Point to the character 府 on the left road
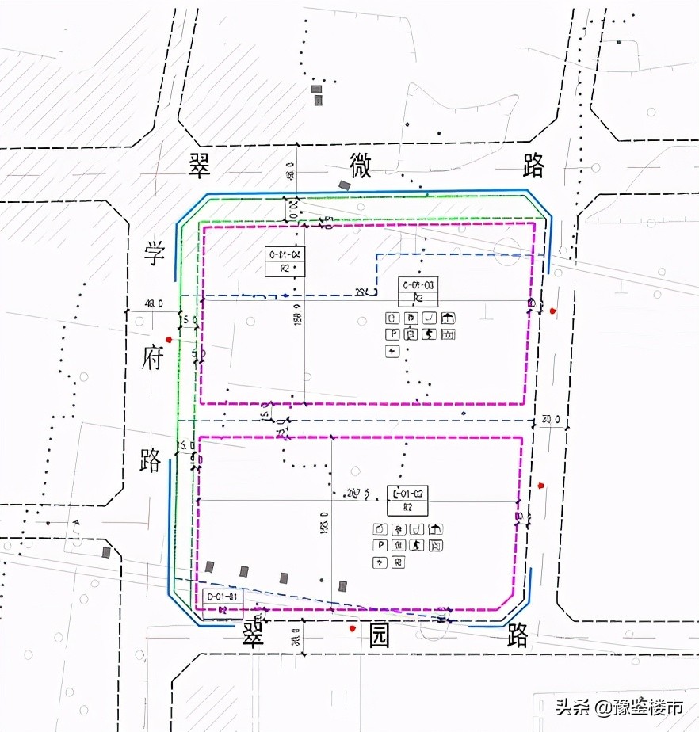(152, 358)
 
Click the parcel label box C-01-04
(285, 261)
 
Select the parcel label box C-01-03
(418, 291)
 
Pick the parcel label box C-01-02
(407, 500)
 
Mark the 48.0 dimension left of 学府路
(153, 303)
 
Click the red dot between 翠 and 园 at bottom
(352, 628)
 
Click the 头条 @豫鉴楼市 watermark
(618, 707)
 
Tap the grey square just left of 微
(344, 185)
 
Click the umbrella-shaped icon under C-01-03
(448, 318)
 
